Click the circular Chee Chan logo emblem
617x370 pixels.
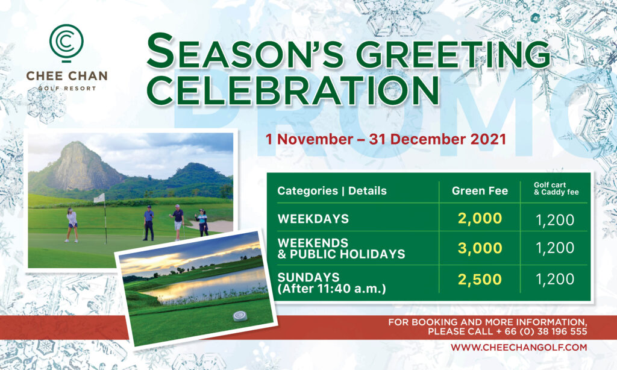66,43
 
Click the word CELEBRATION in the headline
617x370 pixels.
293,90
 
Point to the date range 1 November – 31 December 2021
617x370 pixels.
386,139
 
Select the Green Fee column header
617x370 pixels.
480,191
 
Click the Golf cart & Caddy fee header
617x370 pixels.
556,189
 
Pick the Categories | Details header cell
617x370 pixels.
332,191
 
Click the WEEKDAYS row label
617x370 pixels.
313,219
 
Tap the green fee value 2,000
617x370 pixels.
480,219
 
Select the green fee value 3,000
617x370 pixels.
480,248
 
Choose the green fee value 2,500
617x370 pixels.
480,280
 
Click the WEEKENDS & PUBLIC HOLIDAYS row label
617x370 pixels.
341,248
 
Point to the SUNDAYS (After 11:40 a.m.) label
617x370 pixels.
331,283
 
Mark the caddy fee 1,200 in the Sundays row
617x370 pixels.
555,280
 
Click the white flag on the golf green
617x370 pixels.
99,198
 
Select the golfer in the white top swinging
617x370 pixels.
72,225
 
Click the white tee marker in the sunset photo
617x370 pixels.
240,316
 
